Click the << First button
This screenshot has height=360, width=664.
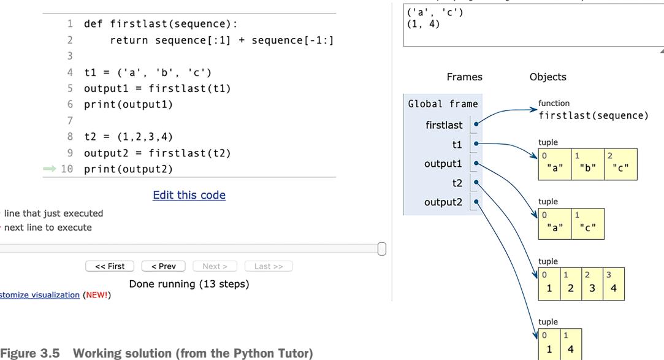pos(110,266)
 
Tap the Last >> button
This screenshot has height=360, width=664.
pos(269,266)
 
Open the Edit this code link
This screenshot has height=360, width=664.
pos(189,195)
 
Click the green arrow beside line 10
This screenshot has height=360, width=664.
pos(50,169)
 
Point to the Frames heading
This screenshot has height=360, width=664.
pos(464,77)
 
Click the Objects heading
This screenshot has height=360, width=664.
pos(548,77)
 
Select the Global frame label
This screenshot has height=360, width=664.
pos(443,104)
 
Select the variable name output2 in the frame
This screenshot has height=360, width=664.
pos(443,202)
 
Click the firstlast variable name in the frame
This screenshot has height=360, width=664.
pos(444,125)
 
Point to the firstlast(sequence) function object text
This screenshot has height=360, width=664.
pos(593,115)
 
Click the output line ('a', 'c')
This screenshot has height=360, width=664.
pos(433,13)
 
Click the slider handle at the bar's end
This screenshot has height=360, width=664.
pos(382,248)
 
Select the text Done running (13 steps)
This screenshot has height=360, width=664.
pos(189,285)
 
